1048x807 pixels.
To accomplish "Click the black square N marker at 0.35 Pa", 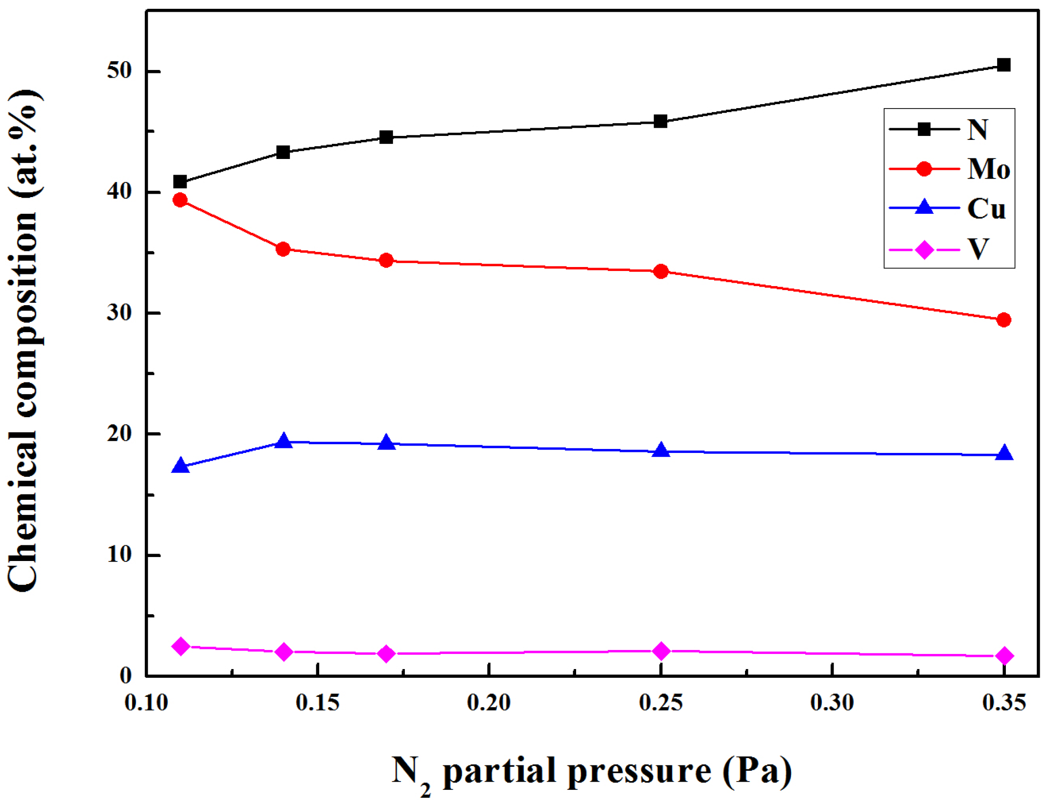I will click(x=1003, y=65).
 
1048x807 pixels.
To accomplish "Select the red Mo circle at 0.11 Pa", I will click(x=180, y=200).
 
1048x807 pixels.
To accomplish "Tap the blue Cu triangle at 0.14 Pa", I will click(x=283, y=442).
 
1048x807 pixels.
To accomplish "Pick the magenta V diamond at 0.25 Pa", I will click(x=661, y=651).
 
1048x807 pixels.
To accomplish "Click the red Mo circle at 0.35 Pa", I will click(x=1003, y=320).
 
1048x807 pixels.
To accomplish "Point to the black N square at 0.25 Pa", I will click(x=660, y=121).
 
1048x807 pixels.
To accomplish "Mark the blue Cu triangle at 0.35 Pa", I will click(x=1003, y=453).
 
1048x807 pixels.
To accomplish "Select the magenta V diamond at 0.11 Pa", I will click(x=180, y=646).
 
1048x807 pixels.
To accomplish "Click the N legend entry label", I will click(x=977, y=130).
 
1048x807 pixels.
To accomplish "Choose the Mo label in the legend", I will click(x=988, y=169).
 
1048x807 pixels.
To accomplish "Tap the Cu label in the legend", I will click(x=986, y=209).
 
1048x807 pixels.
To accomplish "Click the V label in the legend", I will click(x=978, y=249).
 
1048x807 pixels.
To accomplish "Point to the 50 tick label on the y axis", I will click(x=119, y=70).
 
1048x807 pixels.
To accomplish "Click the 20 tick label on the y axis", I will click(x=119, y=433).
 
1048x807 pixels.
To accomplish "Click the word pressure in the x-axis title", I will click(x=639, y=771).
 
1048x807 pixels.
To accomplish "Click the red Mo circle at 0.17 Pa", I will click(x=386, y=261).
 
